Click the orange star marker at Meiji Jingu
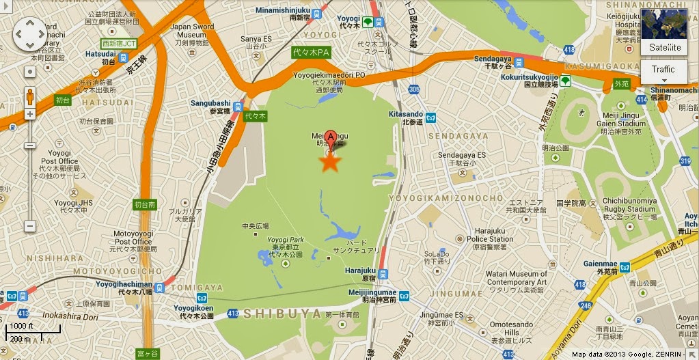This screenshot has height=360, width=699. [x=330, y=163]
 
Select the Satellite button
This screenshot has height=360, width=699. [x=664, y=47]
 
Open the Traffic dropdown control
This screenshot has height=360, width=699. [x=663, y=71]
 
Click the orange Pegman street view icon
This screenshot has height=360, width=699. [x=30, y=96]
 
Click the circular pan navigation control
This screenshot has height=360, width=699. [x=30, y=34]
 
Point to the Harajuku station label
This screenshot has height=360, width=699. [x=361, y=270]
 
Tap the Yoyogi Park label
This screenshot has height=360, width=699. [x=286, y=240]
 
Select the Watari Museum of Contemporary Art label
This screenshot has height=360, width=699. [x=517, y=278]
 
